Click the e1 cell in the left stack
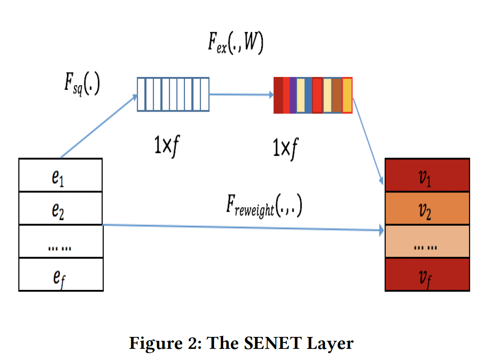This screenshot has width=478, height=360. coord(60,175)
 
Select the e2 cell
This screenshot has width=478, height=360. coord(60,208)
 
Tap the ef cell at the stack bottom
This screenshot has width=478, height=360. coord(60,275)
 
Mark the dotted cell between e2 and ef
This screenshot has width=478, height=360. coord(60,242)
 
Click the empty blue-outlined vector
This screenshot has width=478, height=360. coord(173,94)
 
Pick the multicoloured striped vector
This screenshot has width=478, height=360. coord(313,95)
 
